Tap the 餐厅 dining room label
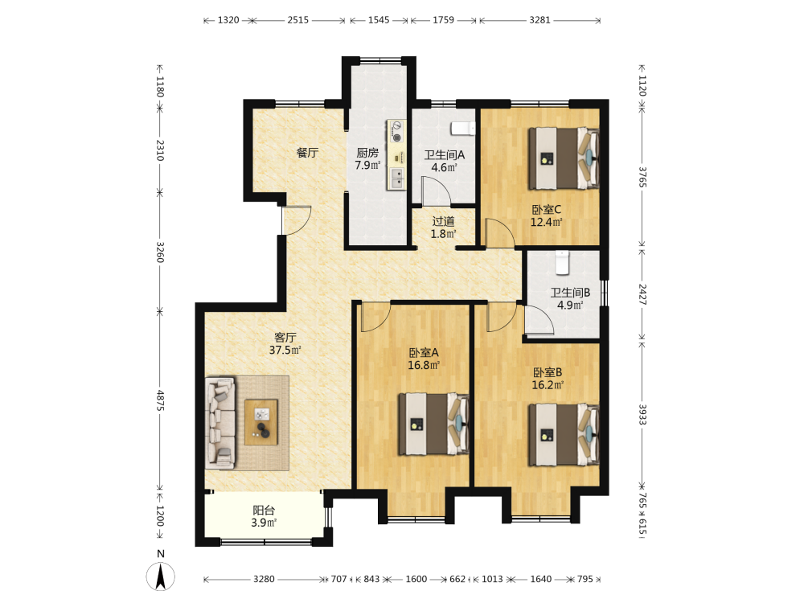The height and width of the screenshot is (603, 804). pos(307,152)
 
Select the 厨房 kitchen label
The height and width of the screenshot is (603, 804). pos(367,153)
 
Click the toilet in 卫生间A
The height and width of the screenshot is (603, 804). pos(463,128)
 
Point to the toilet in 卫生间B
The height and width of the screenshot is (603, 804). pos(563,263)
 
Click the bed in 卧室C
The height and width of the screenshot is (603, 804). pos(564,158)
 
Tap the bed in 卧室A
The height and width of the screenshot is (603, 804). pos(434,424)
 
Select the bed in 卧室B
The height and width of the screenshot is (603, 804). pos(564,434)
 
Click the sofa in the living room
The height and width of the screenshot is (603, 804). pos(221,423)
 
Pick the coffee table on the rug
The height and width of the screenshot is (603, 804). pos(261,423)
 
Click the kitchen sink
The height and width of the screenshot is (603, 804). pos(397,178)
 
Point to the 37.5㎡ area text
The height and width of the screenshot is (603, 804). pos(285,351)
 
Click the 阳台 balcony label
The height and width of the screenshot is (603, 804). pos(264,511)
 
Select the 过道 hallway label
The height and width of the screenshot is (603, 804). pos(443,222)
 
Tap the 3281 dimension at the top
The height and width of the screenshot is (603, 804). pos(540,20)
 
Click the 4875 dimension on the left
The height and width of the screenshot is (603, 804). pos(160,400)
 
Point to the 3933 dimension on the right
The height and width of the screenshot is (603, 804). pos(642,414)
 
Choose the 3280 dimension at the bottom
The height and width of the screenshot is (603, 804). pos(264,579)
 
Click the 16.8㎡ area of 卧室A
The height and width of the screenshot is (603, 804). pos(424,365)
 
